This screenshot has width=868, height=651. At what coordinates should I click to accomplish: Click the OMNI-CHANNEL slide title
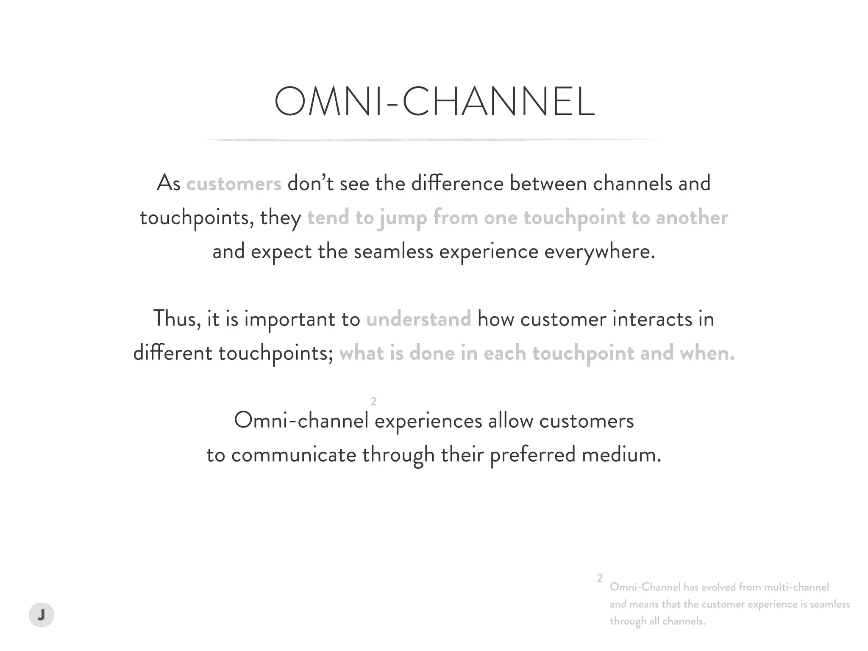[434, 102]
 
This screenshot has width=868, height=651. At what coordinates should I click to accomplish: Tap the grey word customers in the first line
[234, 184]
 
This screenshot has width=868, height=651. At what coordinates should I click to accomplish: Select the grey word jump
[403, 218]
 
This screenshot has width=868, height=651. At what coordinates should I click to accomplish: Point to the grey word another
[692, 218]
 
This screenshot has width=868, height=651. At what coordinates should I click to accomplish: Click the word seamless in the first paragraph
[393, 252]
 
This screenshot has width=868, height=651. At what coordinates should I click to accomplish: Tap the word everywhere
[599, 252]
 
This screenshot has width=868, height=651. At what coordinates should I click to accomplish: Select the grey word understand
[418, 319]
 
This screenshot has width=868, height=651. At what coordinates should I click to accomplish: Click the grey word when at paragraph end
[707, 353]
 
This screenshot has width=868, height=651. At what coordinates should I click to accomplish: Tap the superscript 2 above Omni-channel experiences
[373, 401]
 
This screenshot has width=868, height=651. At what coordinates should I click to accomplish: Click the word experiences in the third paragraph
[428, 421]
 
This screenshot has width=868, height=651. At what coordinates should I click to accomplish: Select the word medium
[621, 455]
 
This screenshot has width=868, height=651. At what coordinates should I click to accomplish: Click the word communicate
[294, 455]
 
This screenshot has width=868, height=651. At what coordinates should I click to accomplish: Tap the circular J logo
[42, 614]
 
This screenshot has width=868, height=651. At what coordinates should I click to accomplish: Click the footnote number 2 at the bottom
[600, 578]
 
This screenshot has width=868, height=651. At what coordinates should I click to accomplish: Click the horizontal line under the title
[434, 139]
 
